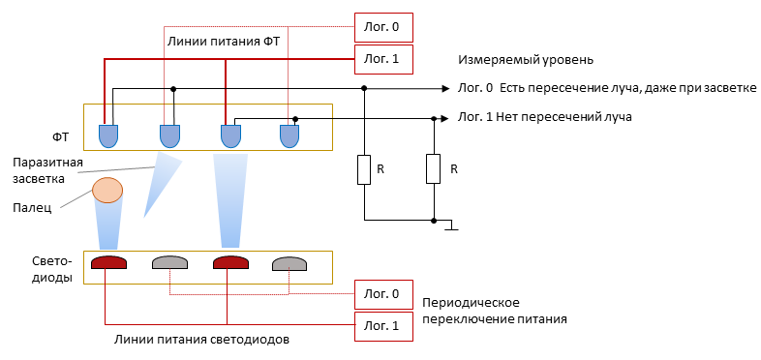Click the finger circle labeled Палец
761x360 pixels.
click(107, 190)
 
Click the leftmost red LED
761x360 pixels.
click(108, 262)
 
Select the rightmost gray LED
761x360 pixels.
click(289, 262)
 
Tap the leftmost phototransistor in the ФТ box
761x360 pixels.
click(109, 135)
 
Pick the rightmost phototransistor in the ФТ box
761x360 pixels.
click(289, 135)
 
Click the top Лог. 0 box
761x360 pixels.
click(380, 27)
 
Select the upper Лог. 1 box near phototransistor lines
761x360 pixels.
click(380, 58)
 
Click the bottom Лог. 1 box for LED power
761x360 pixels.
click(380, 326)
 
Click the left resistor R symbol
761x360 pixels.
click(364, 169)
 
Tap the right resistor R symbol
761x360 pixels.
click(433, 169)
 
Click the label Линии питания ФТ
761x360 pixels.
click(224, 42)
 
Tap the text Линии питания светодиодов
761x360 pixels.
click(200, 340)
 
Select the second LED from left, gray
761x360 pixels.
click(169, 262)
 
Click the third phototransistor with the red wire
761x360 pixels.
click(230, 135)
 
